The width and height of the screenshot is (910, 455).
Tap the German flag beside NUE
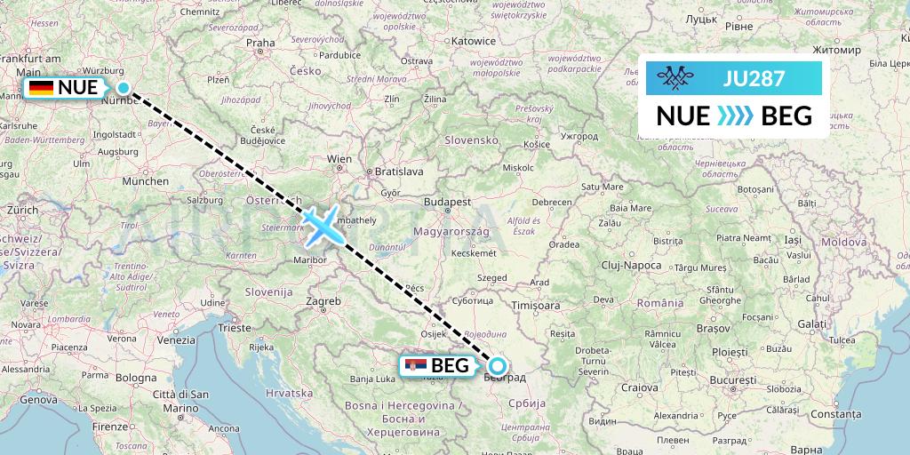pos(40,87)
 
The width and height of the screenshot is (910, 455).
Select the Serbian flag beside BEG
pos(414,365)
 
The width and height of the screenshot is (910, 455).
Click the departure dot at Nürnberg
pos(124,87)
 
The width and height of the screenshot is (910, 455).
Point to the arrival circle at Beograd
pos(498,365)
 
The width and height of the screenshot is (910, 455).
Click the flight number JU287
pos(754,79)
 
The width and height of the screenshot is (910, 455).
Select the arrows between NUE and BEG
pos(734,116)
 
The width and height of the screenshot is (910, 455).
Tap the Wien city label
pos(340,160)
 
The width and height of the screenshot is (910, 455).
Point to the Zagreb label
pos(323,301)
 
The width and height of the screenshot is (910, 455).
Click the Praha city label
pos(260,42)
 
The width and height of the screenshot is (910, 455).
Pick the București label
pos(732,380)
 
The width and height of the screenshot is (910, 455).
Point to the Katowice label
pos(473,41)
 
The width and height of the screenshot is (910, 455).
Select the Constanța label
pos(836,414)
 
